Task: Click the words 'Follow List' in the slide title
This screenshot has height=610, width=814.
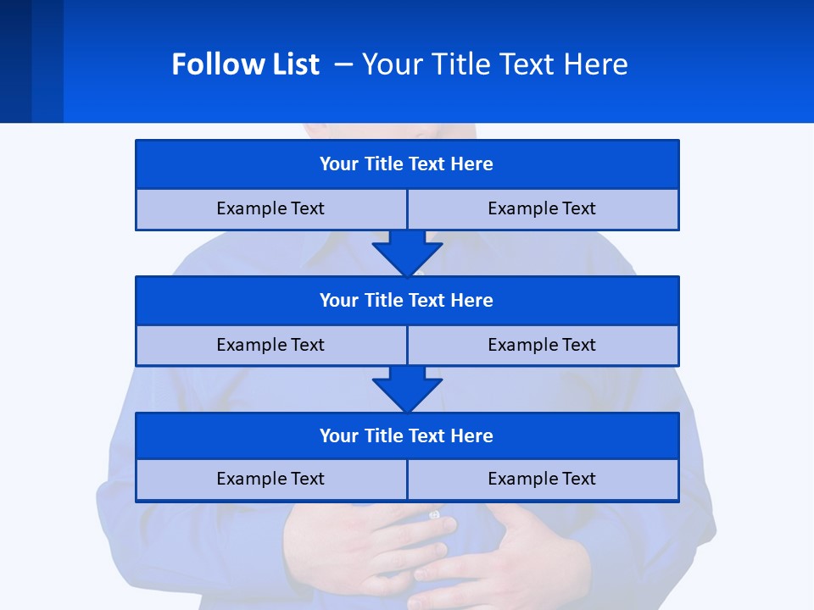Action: (x=245, y=64)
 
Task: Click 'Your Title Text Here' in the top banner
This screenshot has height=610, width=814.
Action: (x=494, y=64)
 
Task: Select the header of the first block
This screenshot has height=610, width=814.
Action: (x=406, y=164)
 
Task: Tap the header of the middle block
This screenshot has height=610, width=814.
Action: (x=406, y=300)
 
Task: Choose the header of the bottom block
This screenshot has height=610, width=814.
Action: (x=406, y=435)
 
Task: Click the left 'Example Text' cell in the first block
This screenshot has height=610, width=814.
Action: (x=270, y=208)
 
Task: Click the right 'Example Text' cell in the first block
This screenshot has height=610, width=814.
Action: (x=542, y=208)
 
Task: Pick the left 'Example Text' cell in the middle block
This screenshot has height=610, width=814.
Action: (x=270, y=345)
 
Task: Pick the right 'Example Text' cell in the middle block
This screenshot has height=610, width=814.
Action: (x=542, y=345)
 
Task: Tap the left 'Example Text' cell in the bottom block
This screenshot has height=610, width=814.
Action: (x=270, y=479)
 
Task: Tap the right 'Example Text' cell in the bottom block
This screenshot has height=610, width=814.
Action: (x=542, y=479)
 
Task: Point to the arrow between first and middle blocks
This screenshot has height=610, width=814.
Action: (x=407, y=252)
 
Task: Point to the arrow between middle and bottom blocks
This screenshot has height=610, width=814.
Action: (x=407, y=389)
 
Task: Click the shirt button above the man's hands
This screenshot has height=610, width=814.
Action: (x=435, y=514)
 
